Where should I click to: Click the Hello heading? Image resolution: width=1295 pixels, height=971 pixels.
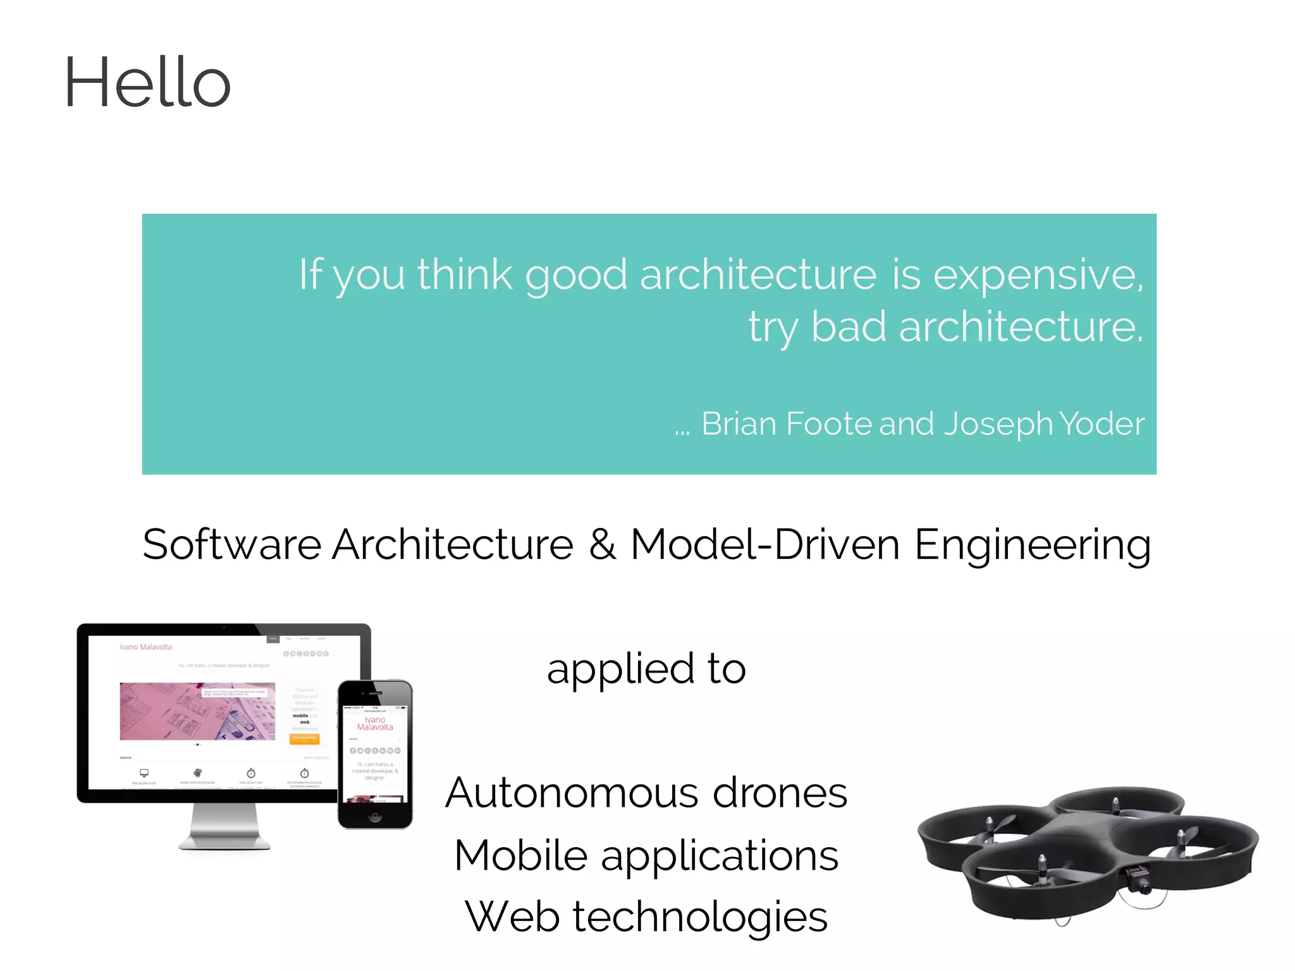(x=147, y=82)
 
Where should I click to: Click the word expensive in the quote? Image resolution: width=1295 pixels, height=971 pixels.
(x=1038, y=275)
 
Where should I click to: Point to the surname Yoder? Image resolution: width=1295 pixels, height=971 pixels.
(x=1102, y=424)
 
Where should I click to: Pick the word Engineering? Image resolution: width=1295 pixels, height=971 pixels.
(x=1032, y=545)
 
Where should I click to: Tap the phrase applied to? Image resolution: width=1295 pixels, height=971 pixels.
(x=646, y=668)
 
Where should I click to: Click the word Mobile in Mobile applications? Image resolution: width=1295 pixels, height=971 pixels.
(x=520, y=855)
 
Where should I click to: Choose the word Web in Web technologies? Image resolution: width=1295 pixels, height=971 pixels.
(x=512, y=917)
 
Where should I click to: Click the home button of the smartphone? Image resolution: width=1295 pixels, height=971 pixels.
(x=375, y=817)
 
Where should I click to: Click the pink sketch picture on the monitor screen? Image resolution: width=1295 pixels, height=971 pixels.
(x=197, y=711)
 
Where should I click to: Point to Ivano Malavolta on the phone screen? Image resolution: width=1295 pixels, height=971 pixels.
(x=375, y=723)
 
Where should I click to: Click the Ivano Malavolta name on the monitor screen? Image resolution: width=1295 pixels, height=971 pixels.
(x=145, y=647)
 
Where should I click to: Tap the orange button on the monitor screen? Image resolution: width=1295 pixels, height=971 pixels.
(x=304, y=738)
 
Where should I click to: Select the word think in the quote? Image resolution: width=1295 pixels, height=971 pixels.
(x=464, y=275)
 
